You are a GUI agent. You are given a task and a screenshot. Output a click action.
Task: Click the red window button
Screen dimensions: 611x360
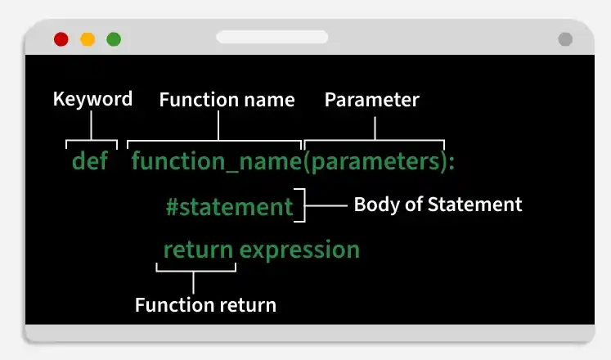click(x=61, y=39)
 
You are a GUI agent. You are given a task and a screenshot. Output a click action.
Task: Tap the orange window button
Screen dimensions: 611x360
click(x=88, y=39)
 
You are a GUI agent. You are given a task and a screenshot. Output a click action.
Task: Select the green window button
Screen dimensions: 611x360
click(x=114, y=39)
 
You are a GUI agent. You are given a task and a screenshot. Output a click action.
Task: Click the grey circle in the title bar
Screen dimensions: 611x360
click(x=565, y=39)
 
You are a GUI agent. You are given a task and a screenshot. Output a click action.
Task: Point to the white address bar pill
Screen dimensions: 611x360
click(x=272, y=37)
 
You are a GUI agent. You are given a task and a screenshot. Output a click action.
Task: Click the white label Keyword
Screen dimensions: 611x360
click(x=92, y=99)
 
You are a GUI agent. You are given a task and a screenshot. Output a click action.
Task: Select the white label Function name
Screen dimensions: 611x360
click(x=227, y=100)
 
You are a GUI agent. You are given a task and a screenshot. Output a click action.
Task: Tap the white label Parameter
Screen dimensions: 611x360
click(x=372, y=100)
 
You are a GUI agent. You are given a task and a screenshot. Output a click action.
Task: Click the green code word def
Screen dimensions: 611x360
click(x=90, y=160)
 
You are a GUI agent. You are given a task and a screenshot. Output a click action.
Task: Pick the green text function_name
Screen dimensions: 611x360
click(x=216, y=161)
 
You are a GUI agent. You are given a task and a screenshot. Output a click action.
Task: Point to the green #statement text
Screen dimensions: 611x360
click(x=230, y=207)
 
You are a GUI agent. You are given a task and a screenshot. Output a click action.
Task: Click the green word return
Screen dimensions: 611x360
click(x=198, y=250)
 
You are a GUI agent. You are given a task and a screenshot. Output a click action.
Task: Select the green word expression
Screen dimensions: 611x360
click(x=299, y=250)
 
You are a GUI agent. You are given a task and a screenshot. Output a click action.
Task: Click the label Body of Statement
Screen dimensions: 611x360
click(x=438, y=205)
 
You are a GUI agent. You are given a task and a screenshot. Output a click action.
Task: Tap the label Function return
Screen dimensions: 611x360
click(x=206, y=305)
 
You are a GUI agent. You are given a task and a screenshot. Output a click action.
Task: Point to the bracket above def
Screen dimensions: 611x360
click(x=92, y=141)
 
